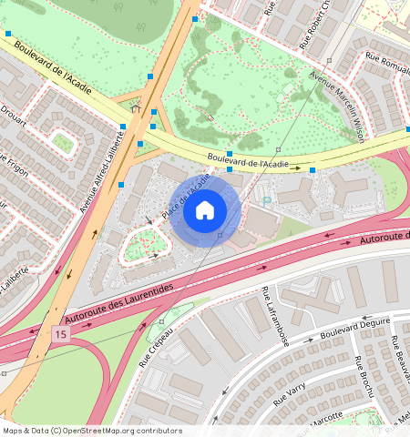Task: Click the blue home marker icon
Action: [205, 211]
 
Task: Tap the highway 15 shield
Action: [59, 335]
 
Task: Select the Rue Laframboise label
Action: [275, 318]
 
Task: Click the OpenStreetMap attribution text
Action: [91, 431]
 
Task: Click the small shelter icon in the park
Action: [136, 108]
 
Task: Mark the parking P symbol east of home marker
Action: [265, 199]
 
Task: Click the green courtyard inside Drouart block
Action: [62, 142]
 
